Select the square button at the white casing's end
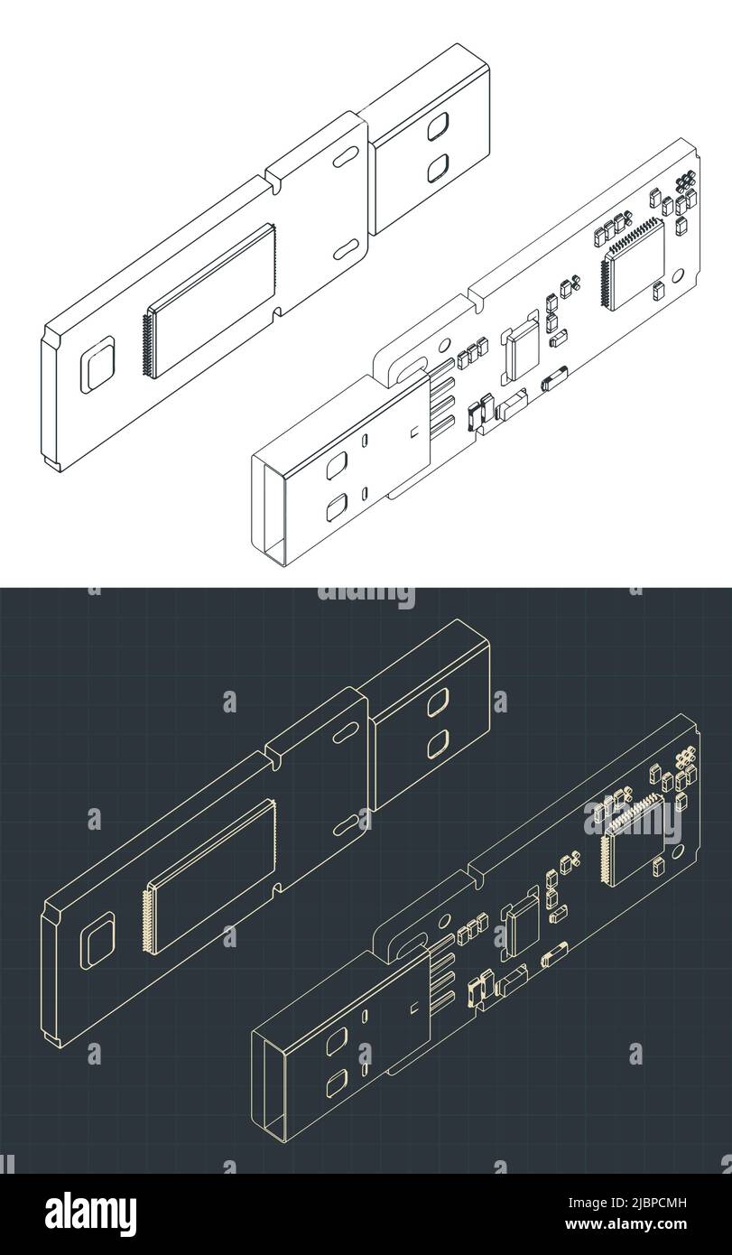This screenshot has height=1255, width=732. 98,364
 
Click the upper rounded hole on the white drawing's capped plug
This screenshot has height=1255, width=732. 439,125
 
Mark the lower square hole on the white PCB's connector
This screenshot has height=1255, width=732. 336,507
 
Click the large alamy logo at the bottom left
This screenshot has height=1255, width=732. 79,1209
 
